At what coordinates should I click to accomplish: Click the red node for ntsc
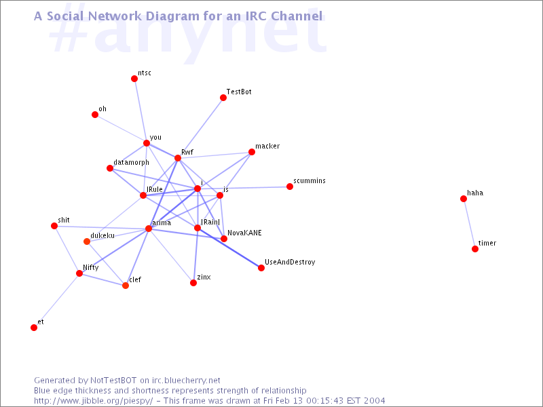click(134, 79)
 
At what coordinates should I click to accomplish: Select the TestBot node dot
click(223, 98)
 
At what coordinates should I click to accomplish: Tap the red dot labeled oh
click(95, 115)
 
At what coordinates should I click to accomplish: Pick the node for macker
click(252, 152)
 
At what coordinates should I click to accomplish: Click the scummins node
click(290, 187)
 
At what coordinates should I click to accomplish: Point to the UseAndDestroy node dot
click(261, 268)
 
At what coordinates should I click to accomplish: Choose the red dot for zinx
click(193, 283)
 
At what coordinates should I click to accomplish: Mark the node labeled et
click(34, 328)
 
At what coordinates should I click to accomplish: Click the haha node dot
click(464, 199)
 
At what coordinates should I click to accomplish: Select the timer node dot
click(475, 249)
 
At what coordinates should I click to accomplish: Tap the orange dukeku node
click(87, 241)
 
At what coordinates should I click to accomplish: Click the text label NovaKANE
click(244, 233)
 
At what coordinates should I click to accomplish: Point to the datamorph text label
click(131, 163)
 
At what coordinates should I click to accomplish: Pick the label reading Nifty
click(91, 267)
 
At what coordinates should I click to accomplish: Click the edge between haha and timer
click(469, 224)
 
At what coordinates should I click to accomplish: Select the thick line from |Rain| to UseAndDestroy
click(229, 248)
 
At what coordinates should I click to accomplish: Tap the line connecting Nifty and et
click(57, 301)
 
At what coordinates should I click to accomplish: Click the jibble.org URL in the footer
click(94, 401)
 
